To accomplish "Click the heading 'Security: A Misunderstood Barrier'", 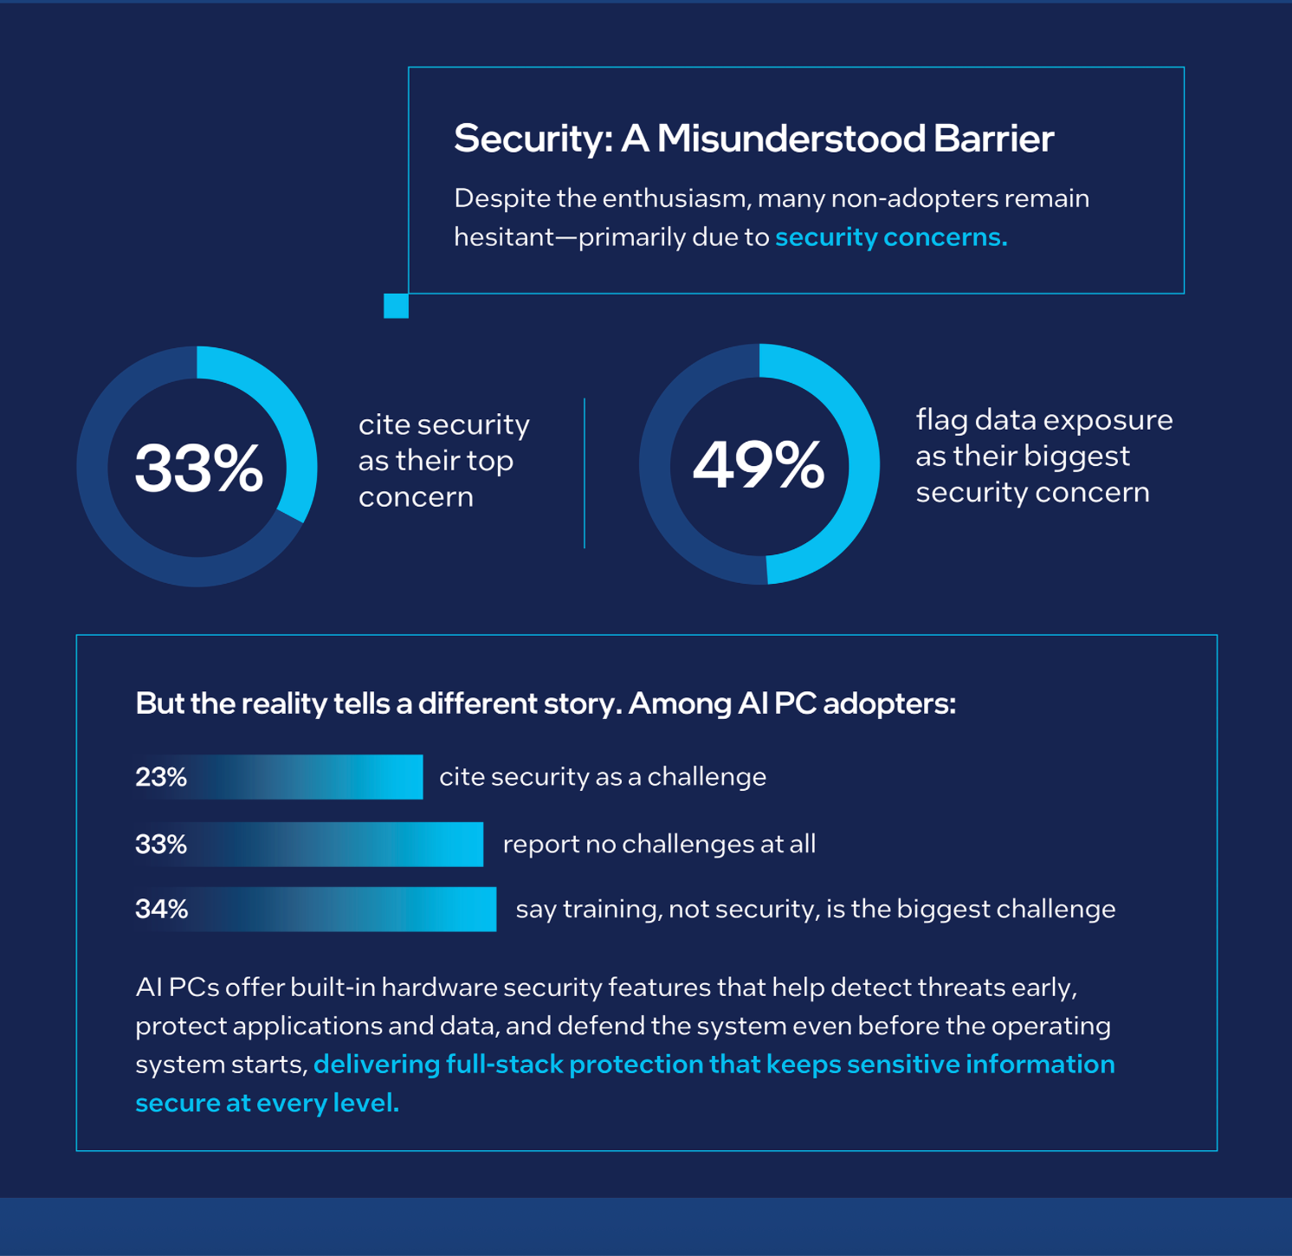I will [753, 139].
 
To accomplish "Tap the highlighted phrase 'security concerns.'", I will [891, 236].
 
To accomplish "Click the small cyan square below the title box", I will [396, 306].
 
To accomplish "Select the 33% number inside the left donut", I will [198, 468].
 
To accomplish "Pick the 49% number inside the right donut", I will [759, 465].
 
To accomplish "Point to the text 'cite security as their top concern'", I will [443, 460].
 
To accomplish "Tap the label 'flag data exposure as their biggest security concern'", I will [1043, 456].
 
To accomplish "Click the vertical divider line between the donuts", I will [585, 473].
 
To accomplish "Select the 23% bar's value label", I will [161, 777].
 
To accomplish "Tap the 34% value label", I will [162, 909].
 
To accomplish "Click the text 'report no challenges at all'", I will [659, 844].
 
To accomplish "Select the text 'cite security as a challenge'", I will [603, 777].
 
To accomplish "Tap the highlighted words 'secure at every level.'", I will [267, 1103].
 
